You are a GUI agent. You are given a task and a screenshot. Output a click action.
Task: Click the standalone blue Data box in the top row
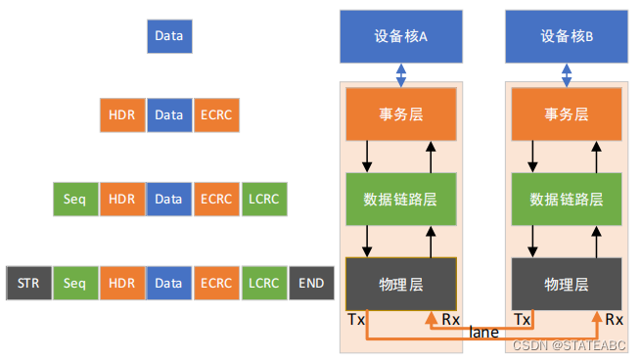tap(169, 38)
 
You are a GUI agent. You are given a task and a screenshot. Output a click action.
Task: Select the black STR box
tap(28, 283)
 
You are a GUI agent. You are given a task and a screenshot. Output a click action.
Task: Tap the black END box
tap(311, 283)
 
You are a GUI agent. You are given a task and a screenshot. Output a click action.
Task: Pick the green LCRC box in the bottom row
tap(264, 283)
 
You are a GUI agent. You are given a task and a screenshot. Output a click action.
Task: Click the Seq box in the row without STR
tap(75, 200)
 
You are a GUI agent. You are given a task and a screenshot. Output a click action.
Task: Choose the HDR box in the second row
tap(122, 115)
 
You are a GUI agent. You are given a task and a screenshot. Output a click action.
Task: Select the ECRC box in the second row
tap(216, 115)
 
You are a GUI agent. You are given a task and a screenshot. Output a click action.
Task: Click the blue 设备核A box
tap(401, 36)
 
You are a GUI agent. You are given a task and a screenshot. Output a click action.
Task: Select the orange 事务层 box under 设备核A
tap(401, 114)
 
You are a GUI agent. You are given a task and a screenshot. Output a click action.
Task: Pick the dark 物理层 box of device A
tap(401, 285)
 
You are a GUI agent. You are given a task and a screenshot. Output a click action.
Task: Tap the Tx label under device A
tap(356, 320)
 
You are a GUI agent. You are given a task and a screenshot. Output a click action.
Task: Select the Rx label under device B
tap(614, 320)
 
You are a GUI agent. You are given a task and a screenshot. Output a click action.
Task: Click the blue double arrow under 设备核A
tap(401, 74)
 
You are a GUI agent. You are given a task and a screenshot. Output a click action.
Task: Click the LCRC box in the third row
tap(264, 200)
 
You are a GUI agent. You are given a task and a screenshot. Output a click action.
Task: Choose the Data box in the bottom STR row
tap(169, 283)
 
